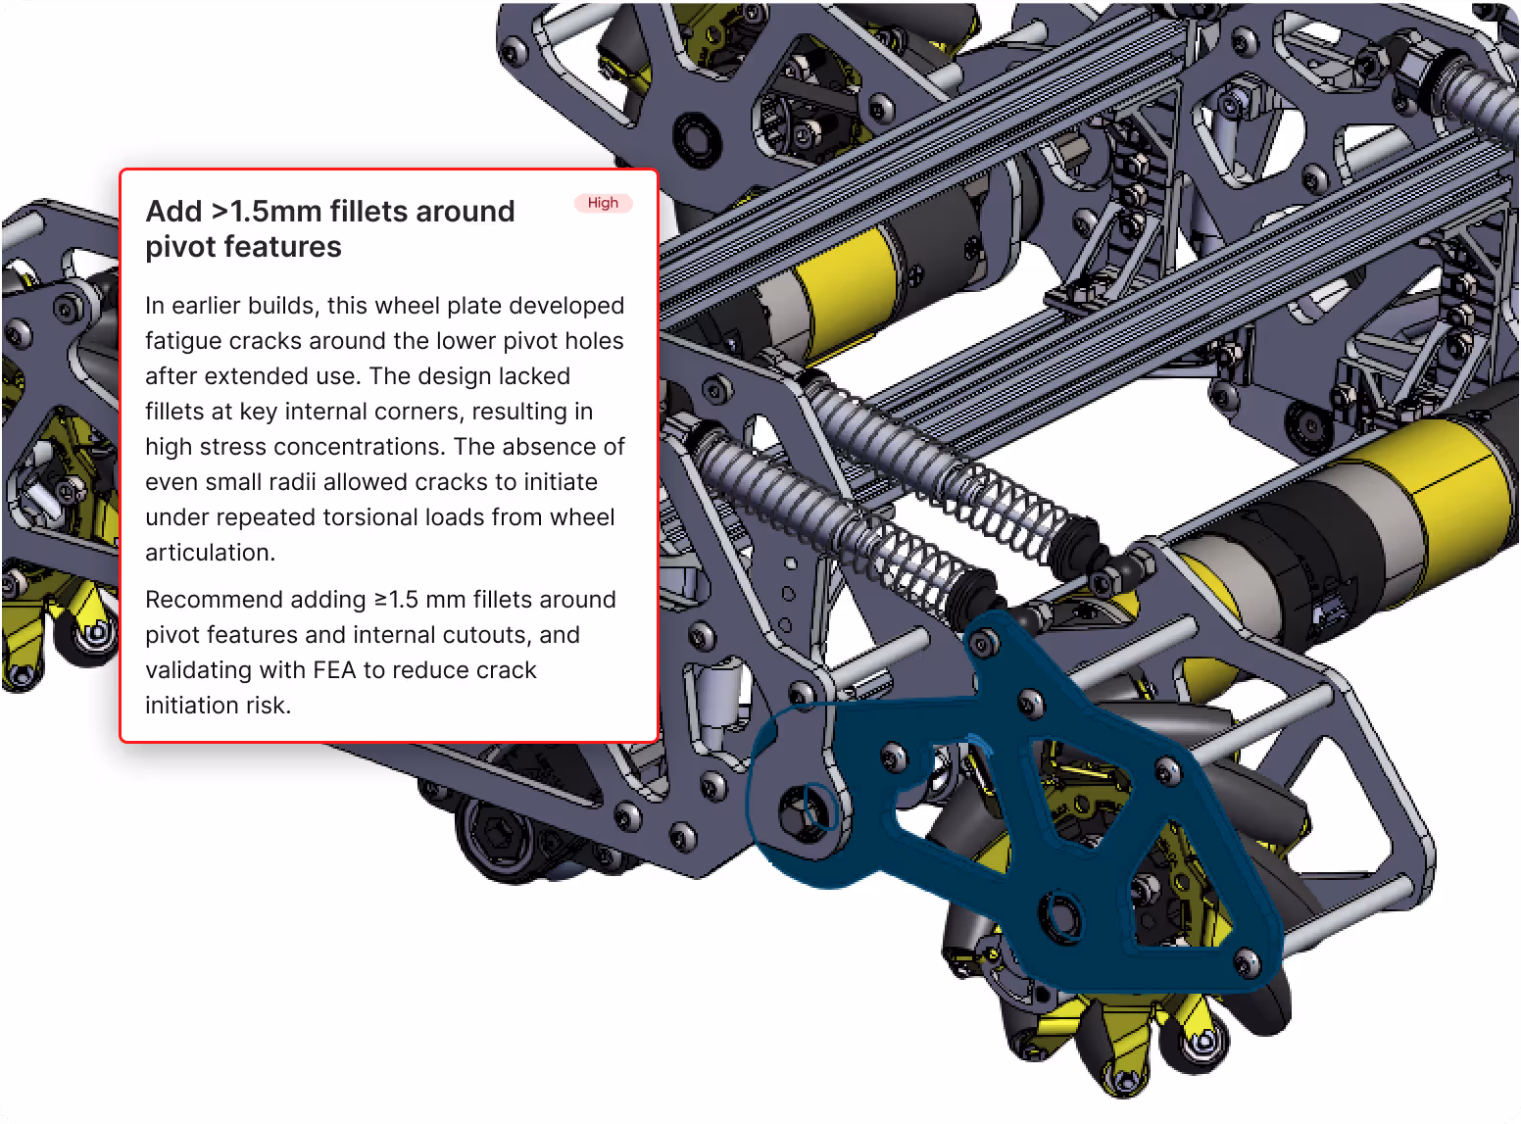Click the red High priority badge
point(603,203)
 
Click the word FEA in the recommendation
point(334,670)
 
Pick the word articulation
point(210,553)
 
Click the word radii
point(296,481)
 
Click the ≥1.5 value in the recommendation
point(396,600)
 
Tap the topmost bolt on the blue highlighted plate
point(983,643)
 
